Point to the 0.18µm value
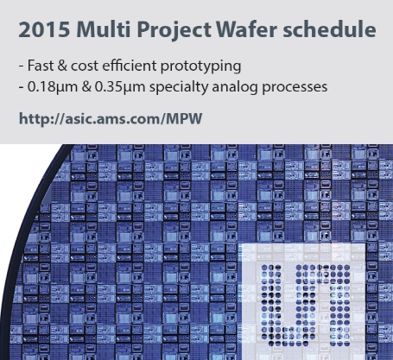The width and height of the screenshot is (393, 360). pyautogui.click(x=51, y=87)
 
